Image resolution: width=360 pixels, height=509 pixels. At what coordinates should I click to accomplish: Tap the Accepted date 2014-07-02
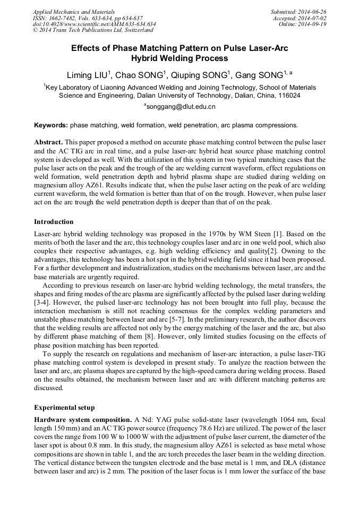coord(313,18)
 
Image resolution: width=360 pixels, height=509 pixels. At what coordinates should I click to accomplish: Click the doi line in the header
coord(94,24)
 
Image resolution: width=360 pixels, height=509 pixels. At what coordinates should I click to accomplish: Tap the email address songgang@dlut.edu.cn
coord(182,107)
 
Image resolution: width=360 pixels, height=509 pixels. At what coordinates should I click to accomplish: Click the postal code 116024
coord(287,96)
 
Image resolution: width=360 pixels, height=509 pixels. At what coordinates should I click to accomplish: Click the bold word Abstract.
coord(48,143)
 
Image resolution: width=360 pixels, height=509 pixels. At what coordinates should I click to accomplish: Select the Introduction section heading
coord(54,221)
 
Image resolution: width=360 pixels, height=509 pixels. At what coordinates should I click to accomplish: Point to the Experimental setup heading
coord(64,408)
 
